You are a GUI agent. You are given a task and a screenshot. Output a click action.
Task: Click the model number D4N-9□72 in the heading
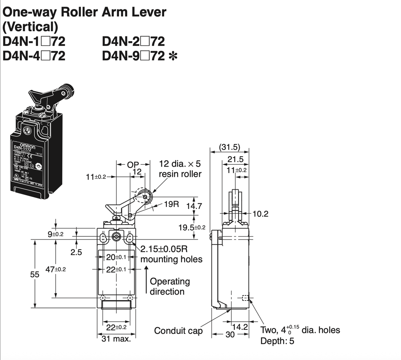point(134,56)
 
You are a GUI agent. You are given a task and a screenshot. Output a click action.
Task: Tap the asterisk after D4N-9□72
point(172,56)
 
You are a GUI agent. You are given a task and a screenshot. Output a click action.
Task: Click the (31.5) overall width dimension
point(229,148)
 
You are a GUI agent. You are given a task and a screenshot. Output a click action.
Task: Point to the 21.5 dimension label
point(236,159)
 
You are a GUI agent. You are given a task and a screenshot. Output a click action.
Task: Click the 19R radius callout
point(171,204)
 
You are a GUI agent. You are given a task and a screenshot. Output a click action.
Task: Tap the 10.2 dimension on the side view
point(260,214)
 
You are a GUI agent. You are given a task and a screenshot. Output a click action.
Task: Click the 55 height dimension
point(35,275)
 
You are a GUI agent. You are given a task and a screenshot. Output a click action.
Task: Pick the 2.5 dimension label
point(76,252)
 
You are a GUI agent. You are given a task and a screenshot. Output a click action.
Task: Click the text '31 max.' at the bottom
point(116,338)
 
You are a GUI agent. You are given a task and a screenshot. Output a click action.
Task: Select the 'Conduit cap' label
point(178,331)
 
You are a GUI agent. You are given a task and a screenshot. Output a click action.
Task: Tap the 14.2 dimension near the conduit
point(240,327)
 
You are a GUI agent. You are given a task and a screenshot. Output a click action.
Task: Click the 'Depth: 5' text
point(277,341)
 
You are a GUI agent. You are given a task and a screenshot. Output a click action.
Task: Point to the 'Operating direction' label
point(170,286)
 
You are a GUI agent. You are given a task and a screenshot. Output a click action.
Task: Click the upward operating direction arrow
point(146,280)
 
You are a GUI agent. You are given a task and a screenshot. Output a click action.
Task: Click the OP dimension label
point(133,165)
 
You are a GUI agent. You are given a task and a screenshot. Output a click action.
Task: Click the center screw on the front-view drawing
point(116,237)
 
